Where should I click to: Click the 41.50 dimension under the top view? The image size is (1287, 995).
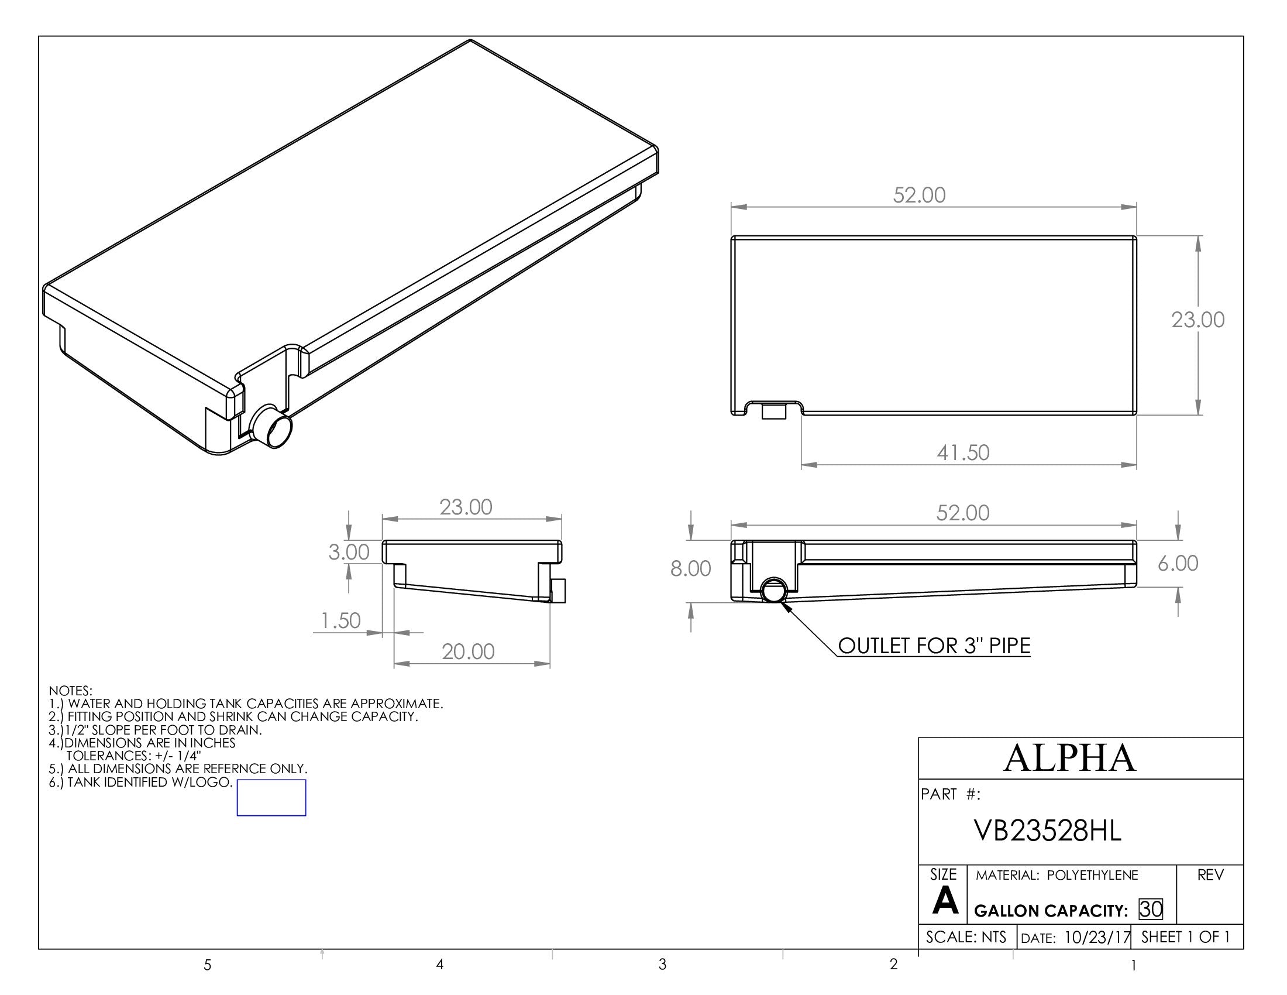[963, 452]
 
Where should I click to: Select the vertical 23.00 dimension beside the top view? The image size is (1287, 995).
[1197, 320]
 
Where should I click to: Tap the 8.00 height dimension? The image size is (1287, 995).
[690, 569]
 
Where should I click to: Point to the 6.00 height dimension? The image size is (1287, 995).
[1178, 564]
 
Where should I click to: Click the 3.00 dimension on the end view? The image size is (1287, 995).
[348, 553]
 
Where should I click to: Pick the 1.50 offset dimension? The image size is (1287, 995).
[340, 620]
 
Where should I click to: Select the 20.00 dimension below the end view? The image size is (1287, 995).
[468, 652]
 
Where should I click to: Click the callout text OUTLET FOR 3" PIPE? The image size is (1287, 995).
[934, 646]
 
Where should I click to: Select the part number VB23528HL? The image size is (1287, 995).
[1048, 831]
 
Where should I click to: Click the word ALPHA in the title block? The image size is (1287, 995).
[1069, 758]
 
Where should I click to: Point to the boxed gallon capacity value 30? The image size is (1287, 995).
[1151, 909]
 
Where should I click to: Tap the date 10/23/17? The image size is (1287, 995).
[1097, 937]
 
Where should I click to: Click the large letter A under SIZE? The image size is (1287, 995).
[945, 901]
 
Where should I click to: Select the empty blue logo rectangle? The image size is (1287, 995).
[271, 798]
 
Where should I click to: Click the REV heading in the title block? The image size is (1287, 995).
[1210, 876]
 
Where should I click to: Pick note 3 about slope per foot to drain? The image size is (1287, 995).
[155, 730]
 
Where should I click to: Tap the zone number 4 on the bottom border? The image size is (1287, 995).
[439, 965]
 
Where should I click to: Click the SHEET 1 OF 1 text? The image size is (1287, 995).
[1186, 936]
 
